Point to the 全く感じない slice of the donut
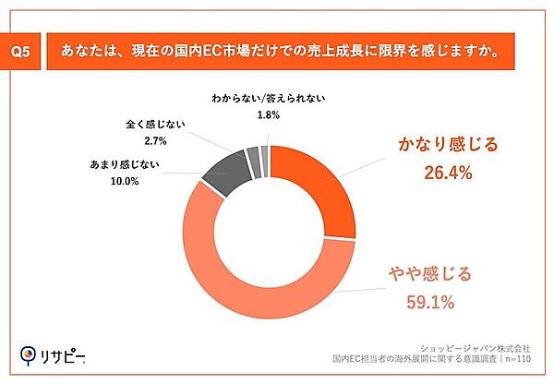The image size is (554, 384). pyautogui.click(x=252, y=158)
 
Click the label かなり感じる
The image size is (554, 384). pyautogui.click(x=447, y=143)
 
